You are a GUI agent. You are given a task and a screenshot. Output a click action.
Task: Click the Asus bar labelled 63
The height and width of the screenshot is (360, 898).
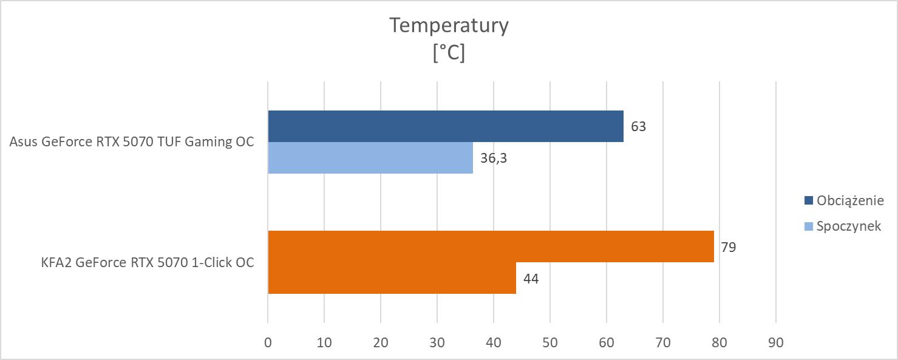(446, 126)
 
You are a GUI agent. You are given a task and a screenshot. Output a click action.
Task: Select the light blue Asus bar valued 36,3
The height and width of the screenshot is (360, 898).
(370, 158)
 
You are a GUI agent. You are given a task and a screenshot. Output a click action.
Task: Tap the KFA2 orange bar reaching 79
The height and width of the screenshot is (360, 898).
(491, 246)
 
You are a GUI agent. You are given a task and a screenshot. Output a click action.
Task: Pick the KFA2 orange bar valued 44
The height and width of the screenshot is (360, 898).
(392, 278)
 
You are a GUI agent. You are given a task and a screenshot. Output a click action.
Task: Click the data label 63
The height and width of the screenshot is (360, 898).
(638, 127)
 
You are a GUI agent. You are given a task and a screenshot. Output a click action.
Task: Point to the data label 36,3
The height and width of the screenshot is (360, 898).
(493, 158)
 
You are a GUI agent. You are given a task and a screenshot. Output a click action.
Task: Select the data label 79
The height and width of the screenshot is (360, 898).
(728, 247)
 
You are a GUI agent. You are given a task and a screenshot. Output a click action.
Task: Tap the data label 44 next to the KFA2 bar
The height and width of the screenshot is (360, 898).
(530, 279)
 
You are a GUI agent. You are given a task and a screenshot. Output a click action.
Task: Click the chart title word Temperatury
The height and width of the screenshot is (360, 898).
(449, 25)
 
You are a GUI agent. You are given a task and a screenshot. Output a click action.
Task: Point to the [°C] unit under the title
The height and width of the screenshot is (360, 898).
(449, 53)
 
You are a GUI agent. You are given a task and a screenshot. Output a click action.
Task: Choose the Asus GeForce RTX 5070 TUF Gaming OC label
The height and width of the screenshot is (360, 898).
(132, 143)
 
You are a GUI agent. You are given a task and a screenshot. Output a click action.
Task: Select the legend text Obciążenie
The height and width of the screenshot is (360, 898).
(849, 200)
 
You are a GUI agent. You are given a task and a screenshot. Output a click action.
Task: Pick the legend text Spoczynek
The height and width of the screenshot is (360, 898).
(848, 226)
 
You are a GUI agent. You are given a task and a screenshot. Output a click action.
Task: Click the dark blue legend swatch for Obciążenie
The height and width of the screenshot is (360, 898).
(808, 200)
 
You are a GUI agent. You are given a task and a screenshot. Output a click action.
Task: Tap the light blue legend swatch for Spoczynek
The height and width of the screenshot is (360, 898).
(808, 226)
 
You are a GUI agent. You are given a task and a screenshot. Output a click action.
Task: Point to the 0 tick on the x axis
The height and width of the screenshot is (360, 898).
(268, 342)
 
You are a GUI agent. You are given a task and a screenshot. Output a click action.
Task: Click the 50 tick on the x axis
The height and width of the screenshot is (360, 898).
(550, 342)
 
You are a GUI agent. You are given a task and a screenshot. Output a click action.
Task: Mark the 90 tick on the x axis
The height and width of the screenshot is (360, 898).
(775, 342)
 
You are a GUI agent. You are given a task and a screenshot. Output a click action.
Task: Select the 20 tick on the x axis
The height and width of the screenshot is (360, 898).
(381, 342)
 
